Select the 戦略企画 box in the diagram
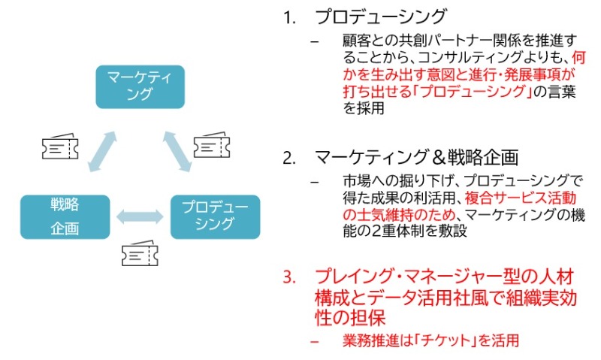[x=65, y=216]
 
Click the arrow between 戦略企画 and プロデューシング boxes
[x=140, y=216]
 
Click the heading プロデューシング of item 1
[x=380, y=17]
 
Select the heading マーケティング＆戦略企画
[x=417, y=158]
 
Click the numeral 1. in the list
[x=289, y=17]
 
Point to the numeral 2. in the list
[x=289, y=159]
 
